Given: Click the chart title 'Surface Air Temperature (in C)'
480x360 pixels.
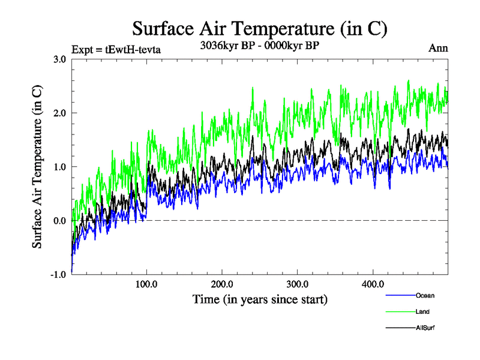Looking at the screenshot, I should point(260,29).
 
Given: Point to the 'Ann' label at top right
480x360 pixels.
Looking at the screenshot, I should point(438,49).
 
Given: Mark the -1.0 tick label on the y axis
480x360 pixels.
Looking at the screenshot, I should point(58,275).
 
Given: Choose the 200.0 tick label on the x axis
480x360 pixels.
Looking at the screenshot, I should point(222,284).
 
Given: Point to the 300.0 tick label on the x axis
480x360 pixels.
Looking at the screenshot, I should point(298,284).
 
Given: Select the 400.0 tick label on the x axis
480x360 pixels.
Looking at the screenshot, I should point(373,284).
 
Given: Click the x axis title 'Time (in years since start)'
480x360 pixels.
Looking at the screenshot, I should point(260,299).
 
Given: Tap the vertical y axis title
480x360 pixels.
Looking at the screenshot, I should point(37,167).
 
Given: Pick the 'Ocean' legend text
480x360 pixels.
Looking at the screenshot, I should point(424,296).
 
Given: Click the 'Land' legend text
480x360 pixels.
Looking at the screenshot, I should point(422,312).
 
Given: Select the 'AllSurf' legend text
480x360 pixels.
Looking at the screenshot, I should point(424,328).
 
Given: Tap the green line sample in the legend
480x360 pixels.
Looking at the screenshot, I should point(400,312).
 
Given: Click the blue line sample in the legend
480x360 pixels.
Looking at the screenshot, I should point(400,296).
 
